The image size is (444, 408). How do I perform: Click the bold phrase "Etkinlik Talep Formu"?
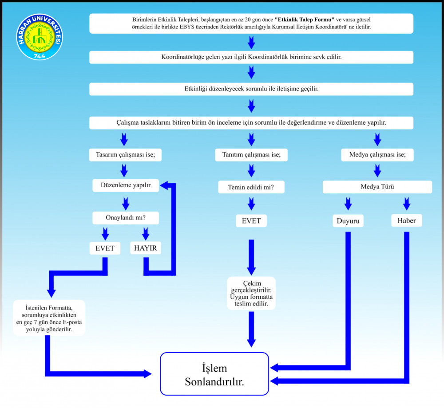pyautogui.click(x=305, y=20)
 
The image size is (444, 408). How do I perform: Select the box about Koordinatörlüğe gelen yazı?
pyautogui.click(x=251, y=57)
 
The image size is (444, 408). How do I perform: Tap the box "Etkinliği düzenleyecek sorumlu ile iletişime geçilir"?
pyautogui.click(x=251, y=89)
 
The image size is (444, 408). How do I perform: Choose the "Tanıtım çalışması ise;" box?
pyautogui.click(x=252, y=155)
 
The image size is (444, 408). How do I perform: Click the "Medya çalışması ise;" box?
pyautogui.click(x=377, y=155)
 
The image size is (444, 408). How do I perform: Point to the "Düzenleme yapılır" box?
pyautogui.click(x=126, y=186)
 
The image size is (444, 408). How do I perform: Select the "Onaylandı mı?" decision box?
pyautogui.click(x=126, y=218)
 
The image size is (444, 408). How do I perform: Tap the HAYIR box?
pyautogui.click(x=146, y=248)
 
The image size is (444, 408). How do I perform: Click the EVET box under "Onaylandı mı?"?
pyautogui.click(x=105, y=248)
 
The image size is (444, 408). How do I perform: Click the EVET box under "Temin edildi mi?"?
pyautogui.click(x=251, y=220)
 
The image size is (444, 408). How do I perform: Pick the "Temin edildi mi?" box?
pyautogui.click(x=251, y=187)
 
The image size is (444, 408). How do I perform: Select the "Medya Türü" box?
pyautogui.click(x=377, y=187)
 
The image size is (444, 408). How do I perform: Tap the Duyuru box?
pyautogui.click(x=348, y=220)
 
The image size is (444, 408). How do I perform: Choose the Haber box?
pyautogui.click(x=407, y=220)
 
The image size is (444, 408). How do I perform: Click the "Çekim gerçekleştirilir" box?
pyautogui.click(x=251, y=293)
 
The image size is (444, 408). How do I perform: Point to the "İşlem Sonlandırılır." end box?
pyautogui.click(x=214, y=374)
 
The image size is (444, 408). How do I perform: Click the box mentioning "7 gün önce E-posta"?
pyautogui.click(x=49, y=318)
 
